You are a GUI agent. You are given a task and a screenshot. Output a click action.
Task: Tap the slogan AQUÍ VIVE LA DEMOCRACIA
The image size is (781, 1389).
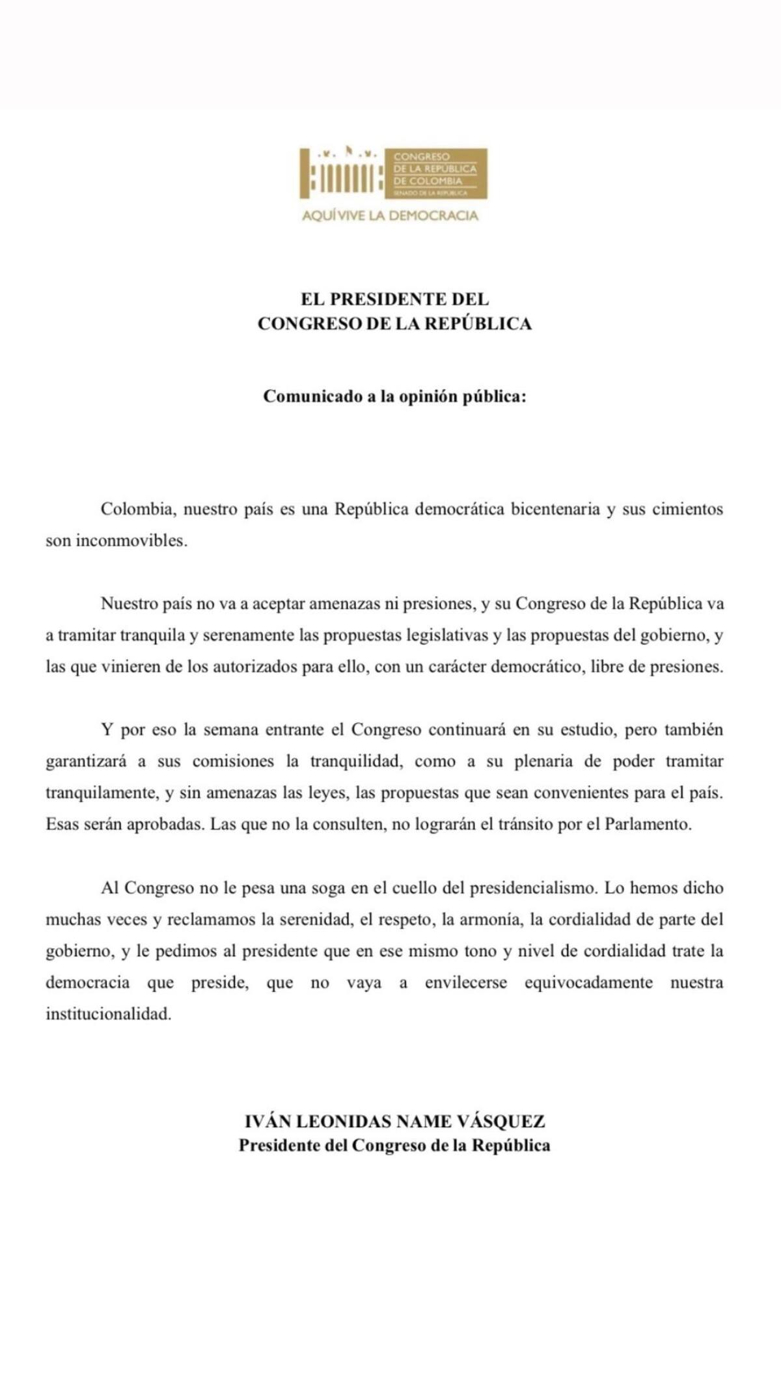coord(390,215)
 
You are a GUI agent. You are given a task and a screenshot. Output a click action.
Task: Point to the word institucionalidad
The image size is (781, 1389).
coord(108,1013)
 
